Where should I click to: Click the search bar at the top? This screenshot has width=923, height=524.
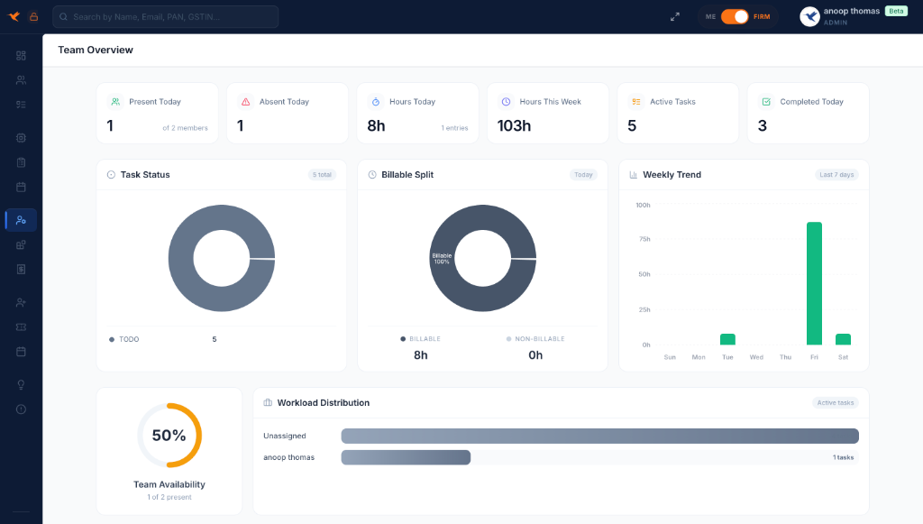click(166, 16)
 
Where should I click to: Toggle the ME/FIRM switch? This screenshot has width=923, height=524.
click(735, 16)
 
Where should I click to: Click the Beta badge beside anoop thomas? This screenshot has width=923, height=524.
click(896, 11)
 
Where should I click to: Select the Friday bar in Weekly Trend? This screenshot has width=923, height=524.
click(814, 283)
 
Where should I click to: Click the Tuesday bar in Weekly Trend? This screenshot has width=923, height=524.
click(727, 339)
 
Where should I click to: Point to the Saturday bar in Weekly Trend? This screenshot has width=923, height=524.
click(843, 339)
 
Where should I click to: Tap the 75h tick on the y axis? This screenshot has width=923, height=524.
click(644, 239)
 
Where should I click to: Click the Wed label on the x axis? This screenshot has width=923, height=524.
click(756, 357)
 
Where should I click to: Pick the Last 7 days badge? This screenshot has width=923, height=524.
click(836, 174)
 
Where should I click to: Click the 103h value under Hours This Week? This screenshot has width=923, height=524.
click(514, 125)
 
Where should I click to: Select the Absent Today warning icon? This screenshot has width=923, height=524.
click(245, 102)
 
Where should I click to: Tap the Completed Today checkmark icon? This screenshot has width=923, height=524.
click(766, 102)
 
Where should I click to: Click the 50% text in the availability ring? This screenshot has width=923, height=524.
click(169, 436)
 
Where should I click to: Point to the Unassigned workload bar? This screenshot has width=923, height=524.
click(599, 437)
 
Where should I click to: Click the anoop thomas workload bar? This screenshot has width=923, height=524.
click(406, 457)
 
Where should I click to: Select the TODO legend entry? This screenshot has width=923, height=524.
click(128, 339)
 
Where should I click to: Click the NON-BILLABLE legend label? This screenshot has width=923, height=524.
click(539, 339)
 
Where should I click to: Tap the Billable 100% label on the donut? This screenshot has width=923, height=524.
click(442, 259)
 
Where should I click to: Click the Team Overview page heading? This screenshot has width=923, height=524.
click(96, 50)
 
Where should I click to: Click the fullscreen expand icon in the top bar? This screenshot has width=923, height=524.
click(675, 16)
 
